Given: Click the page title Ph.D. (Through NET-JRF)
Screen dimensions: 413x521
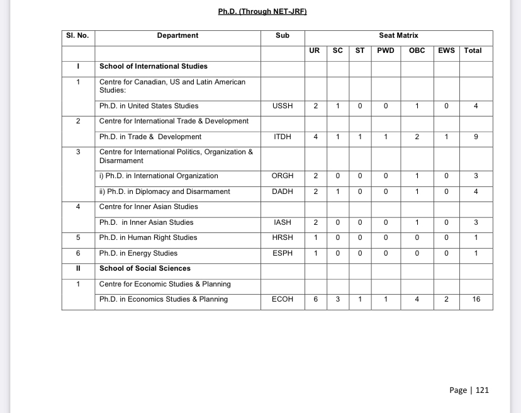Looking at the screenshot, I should coord(262,11).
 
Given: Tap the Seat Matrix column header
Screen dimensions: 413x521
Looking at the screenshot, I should coord(398,36).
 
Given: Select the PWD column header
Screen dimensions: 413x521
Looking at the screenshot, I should coord(386,51).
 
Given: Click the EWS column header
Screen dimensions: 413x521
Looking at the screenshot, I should coord(446,51).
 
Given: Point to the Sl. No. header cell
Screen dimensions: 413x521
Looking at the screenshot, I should coord(77,36).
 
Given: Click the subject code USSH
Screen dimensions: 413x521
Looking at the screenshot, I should coord(283,106).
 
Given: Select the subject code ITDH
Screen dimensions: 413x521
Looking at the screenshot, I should coord(283,137).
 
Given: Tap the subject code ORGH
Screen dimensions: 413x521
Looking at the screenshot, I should coord(283,176).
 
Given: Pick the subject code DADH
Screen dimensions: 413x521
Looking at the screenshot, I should coord(283,191).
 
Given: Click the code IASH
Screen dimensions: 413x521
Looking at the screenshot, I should coord(283,222).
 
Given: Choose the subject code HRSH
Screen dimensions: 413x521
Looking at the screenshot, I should coord(283,237).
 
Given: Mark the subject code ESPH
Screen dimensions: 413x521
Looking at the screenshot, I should coord(283,253).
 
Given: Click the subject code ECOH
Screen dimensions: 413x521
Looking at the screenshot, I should coord(283,300).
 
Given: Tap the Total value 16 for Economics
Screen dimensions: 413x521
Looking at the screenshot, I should coord(476,300).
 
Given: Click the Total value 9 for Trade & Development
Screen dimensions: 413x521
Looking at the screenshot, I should coord(476,137).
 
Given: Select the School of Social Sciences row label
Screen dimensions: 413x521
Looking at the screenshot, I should coord(145,269).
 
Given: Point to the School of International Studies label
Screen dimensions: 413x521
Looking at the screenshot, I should coord(154,66).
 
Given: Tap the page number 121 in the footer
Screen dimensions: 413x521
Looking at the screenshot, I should coord(482,390).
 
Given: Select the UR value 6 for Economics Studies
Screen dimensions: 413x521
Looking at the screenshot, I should coord(315,300).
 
